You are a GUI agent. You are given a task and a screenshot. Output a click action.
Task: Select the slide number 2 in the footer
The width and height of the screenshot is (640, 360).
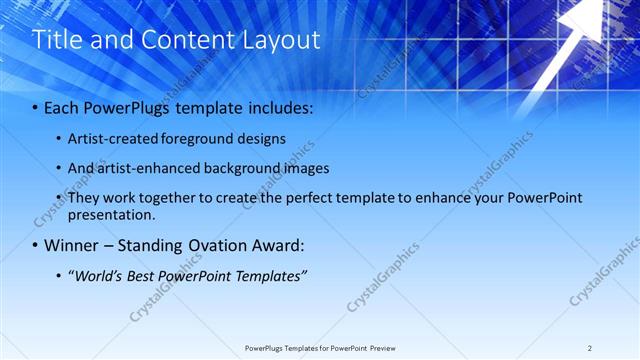[x=590, y=348]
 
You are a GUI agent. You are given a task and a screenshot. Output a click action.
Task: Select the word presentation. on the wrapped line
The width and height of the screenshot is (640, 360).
[x=112, y=214]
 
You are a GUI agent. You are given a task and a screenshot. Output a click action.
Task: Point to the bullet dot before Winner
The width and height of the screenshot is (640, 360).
[x=36, y=245]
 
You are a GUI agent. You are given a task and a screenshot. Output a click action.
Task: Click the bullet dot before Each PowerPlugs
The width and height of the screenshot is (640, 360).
[x=36, y=106]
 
